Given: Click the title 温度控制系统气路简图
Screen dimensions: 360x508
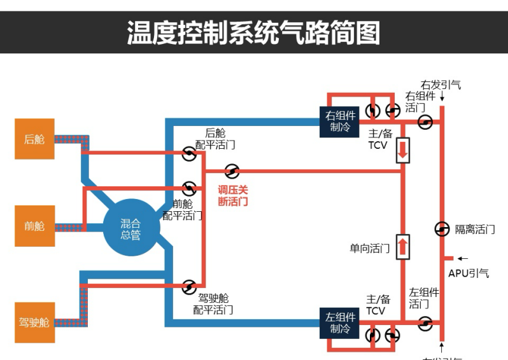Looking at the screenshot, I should [253, 32].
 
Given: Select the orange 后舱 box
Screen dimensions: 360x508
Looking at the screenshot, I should [34, 139].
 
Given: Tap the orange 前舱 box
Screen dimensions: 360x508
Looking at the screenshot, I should [34, 226].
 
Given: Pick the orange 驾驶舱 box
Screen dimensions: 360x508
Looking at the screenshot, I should [34, 322].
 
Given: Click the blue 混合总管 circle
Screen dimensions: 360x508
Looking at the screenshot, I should [131, 228].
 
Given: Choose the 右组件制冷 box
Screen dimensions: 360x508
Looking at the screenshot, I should [339, 121].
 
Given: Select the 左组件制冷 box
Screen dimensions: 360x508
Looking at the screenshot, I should [339, 322].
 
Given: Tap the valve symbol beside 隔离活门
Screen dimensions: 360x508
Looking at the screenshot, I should [441, 229].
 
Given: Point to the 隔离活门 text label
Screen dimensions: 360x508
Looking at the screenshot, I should [474, 230].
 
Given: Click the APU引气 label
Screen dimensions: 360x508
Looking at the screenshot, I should [469, 273].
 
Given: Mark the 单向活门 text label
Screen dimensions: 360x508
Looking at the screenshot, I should [369, 248].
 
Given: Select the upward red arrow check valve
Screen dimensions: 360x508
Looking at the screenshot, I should [402, 247].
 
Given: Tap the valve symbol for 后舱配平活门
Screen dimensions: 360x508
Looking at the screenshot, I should [189, 153].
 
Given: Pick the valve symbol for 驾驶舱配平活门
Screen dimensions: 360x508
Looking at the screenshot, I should [189, 287].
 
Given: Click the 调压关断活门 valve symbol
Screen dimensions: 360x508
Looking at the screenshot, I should [232, 171].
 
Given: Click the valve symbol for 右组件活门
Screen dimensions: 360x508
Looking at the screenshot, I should [425, 121].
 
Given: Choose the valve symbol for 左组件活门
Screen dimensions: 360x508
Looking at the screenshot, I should [425, 323].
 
